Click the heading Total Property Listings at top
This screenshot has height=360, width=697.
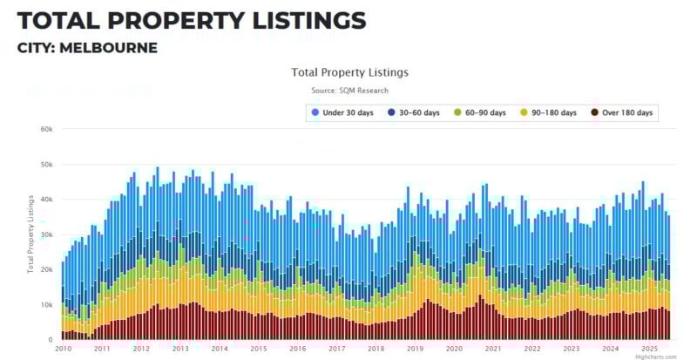192,20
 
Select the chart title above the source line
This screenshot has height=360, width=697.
349,72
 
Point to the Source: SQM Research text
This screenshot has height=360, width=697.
349,91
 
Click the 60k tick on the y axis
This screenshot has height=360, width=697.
47,129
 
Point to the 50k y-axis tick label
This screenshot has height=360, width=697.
47,164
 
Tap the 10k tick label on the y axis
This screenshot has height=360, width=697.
47,304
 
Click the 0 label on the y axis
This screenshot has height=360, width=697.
51,339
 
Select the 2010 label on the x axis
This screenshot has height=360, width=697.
63,349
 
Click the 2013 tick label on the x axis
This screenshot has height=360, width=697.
180,349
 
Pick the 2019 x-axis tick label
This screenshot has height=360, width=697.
415,349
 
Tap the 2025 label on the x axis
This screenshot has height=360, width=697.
649,349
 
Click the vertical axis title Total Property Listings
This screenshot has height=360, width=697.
31,234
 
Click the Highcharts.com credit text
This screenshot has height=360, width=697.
656,357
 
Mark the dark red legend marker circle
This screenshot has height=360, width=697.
595,112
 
